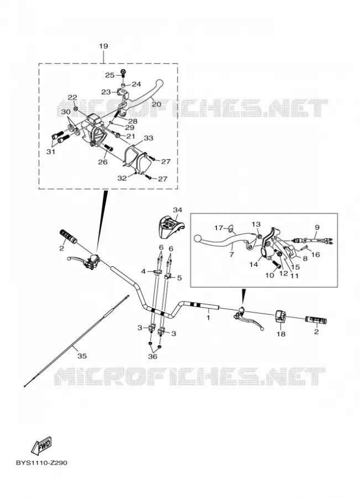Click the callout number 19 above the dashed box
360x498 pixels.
coord(103,46)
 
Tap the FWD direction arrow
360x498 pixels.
coord(41,445)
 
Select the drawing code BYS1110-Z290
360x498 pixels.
coord(41,463)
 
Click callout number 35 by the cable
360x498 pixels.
coord(82,356)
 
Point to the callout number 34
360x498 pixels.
coord(178,210)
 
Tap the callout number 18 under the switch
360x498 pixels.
coord(281,334)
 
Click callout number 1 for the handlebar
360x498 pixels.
coord(208,317)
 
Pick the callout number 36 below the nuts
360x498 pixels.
coord(153,356)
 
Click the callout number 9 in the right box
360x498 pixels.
coord(317,227)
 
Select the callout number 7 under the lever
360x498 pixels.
coord(231,255)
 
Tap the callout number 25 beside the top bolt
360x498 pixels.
coord(109,75)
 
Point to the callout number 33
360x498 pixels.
coord(149,138)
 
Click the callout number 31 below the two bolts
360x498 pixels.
coord(51,152)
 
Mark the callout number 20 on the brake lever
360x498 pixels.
coord(156,104)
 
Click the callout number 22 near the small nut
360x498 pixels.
coord(72,97)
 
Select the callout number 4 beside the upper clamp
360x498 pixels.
coord(143,271)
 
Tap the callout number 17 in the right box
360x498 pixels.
coord(218,228)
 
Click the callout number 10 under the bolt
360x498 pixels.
coord(269,276)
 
